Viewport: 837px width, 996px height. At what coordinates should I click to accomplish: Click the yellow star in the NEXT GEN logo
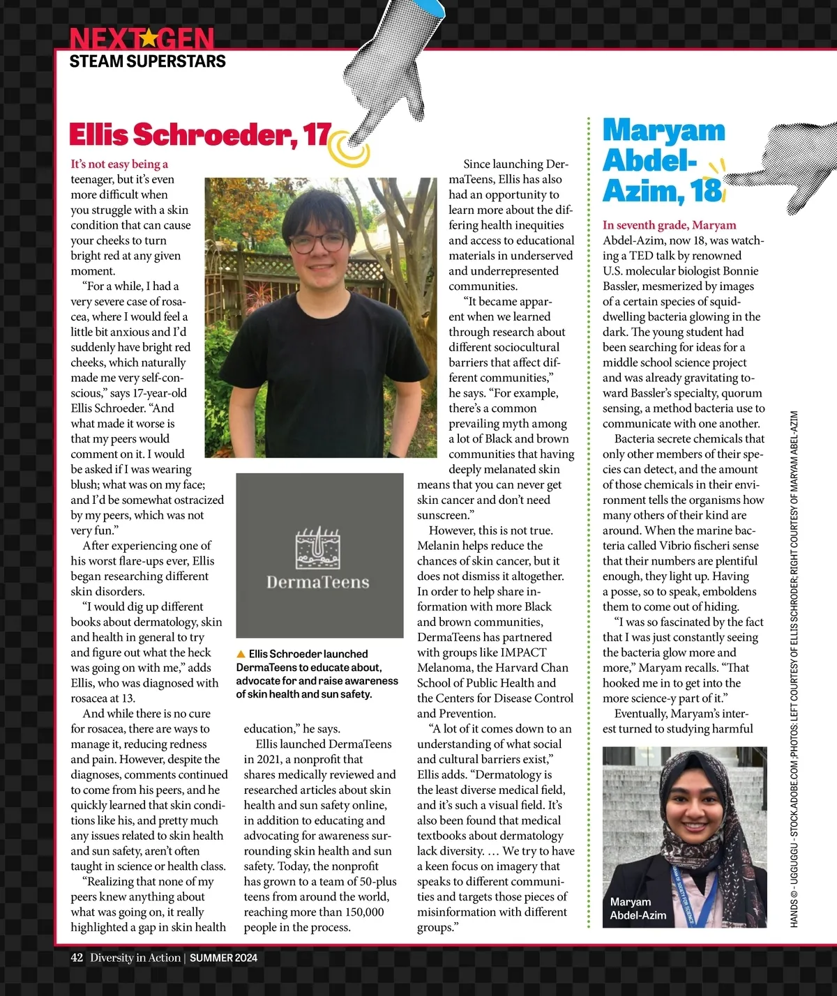click(x=146, y=38)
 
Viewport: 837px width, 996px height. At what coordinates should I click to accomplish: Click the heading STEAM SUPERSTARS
click(x=147, y=61)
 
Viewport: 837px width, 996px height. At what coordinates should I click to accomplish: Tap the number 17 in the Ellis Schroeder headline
click(x=317, y=135)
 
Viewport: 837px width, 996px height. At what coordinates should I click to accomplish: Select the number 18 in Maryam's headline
click(x=706, y=190)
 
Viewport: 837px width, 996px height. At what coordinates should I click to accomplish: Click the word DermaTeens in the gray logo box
click(x=318, y=582)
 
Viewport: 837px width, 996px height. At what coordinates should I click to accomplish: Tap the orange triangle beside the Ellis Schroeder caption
click(x=241, y=654)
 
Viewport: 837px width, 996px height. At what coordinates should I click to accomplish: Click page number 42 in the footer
click(x=77, y=958)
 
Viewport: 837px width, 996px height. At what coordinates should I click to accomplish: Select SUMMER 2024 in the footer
click(x=223, y=958)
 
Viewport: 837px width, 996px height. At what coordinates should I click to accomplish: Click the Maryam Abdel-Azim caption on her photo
click(x=638, y=908)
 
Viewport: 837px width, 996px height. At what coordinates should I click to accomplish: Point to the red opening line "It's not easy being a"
click(x=119, y=164)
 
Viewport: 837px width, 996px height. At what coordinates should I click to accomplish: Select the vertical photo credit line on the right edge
click(x=794, y=669)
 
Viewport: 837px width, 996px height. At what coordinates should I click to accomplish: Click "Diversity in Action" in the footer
click(x=135, y=958)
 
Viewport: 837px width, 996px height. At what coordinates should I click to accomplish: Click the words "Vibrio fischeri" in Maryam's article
click(x=717, y=546)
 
